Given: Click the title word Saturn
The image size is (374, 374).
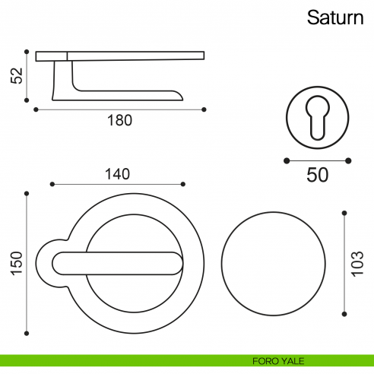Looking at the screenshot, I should click(334, 17).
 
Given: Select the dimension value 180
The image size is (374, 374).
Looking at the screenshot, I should click(120, 119).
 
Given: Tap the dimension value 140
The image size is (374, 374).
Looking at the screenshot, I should click(116, 173).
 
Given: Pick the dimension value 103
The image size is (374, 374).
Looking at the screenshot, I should click(358, 262).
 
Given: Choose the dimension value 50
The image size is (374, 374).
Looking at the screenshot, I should click(317, 174).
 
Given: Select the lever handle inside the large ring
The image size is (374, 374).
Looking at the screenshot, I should click(118, 262).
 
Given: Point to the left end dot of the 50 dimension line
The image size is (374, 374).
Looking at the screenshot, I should click(286, 160).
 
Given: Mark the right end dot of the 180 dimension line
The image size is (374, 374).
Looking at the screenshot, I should click(204, 109).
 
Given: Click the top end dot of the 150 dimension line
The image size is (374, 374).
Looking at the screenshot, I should click(27, 194).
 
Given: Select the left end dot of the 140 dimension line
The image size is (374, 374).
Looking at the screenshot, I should click(51, 184).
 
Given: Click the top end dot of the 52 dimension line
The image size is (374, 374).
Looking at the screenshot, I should click(27, 52).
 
